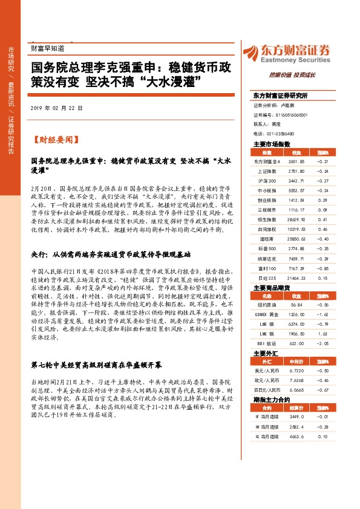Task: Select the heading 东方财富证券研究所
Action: pyautogui.click(x=280, y=96)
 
